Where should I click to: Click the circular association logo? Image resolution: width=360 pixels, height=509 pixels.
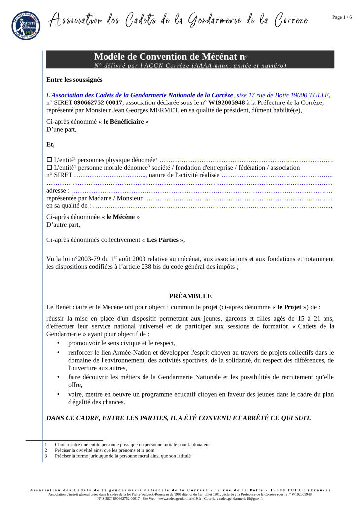tap(26, 26)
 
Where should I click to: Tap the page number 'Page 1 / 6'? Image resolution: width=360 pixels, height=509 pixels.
tap(342, 17)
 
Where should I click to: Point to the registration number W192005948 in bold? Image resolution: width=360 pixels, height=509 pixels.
tap(226, 102)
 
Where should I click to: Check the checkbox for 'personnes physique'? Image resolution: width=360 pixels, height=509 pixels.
tap(49, 160)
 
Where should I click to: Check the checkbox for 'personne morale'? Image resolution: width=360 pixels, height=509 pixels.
tap(49, 168)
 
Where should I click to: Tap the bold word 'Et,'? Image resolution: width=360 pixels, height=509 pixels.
tap(51, 145)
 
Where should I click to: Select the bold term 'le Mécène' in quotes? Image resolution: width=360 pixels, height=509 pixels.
tap(120, 217)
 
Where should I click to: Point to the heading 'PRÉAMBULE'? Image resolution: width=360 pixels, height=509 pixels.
tap(190, 296)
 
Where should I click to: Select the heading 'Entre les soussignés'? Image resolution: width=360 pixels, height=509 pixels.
tap(74, 80)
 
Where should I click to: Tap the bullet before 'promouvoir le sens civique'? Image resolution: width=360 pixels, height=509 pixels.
tap(58, 343)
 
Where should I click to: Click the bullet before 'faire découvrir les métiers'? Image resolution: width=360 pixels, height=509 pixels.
tap(58, 377)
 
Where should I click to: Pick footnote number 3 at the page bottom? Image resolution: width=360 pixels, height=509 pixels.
tap(46, 456)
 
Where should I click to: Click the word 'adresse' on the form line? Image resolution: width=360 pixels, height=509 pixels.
tap(56, 190)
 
